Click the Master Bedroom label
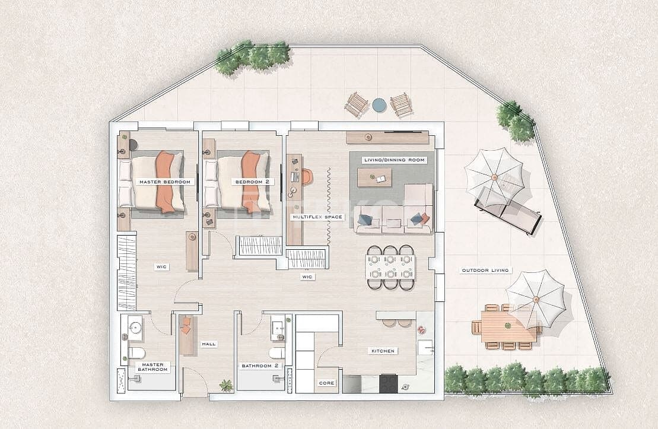[164, 182]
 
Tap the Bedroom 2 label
[248, 182]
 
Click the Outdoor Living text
[485, 271]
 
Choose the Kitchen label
[383, 351]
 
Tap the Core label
[327, 383]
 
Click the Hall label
[209, 344]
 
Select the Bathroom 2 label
[260, 366]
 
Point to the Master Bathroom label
[152, 367]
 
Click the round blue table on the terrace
[379, 106]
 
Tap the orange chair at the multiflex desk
[306, 177]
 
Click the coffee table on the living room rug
[374, 177]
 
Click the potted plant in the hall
[226, 385]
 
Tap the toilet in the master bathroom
[136, 354]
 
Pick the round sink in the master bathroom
[135, 328]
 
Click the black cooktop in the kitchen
[389, 383]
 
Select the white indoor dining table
[390, 267]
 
